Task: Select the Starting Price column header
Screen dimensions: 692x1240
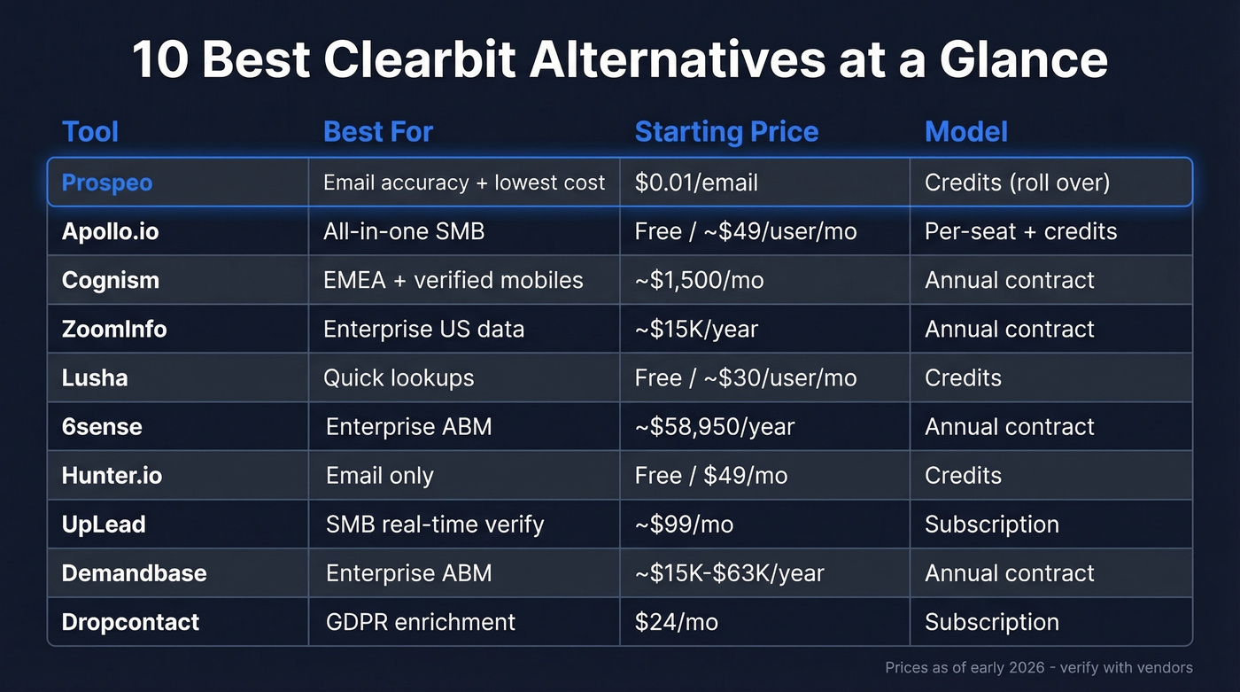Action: tap(726, 132)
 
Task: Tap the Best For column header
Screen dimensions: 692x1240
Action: tap(378, 132)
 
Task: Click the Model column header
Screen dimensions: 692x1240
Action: tap(965, 132)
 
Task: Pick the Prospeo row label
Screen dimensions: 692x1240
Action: tap(107, 183)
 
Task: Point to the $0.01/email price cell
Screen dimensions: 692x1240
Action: tap(696, 183)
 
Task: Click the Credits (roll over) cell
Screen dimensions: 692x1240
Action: tap(1017, 183)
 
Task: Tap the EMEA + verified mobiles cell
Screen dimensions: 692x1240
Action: tap(453, 280)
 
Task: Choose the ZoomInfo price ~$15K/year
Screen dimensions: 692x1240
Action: tap(696, 329)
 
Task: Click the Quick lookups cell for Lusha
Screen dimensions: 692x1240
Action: tap(399, 377)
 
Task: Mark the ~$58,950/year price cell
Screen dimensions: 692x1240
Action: tap(715, 426)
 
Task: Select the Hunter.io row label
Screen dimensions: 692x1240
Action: tap(112, 475)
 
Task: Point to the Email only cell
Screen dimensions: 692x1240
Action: tap(379, 476)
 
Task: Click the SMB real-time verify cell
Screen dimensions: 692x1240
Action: tap(434, 525)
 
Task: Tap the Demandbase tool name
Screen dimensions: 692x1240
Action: tap(134, 573)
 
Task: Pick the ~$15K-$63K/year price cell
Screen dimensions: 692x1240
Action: tap(729, 573)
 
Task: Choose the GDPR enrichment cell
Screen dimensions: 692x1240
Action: tap(420, 622)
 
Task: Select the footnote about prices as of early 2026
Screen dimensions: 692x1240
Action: tap(1038, 667)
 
